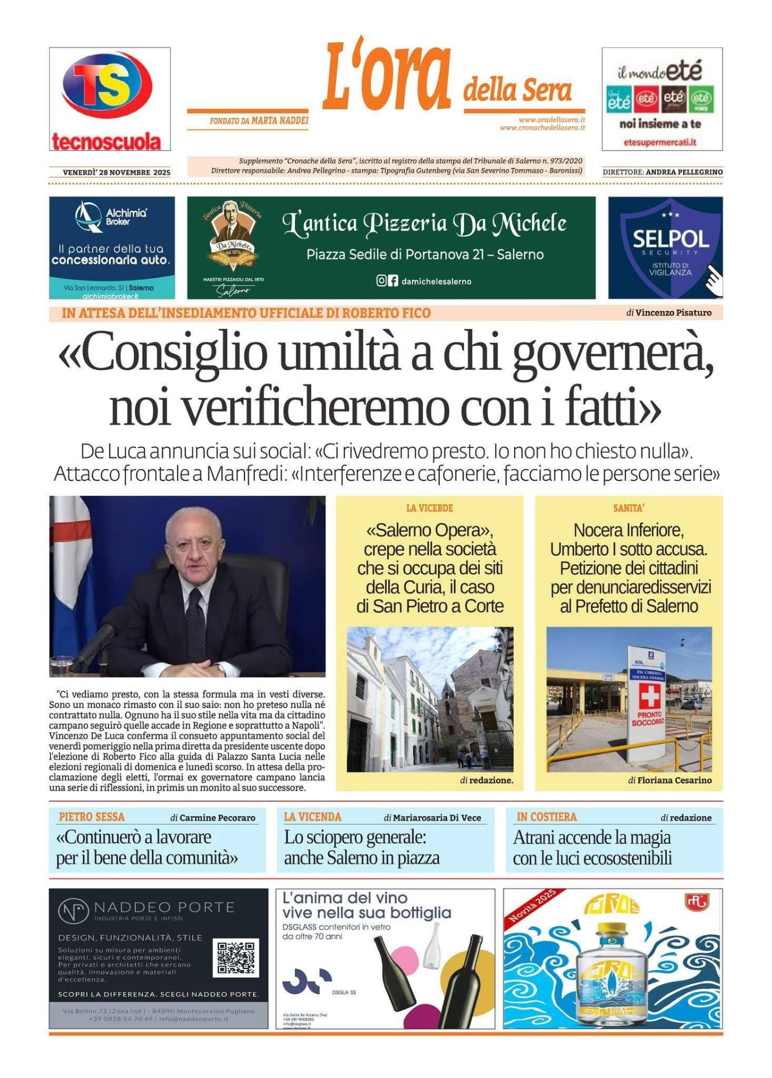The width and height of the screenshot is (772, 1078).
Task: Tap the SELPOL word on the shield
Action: [x=670, y=239]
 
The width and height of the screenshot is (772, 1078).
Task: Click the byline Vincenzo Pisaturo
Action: [x=673, y=313]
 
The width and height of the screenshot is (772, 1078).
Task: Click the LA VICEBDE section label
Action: [x=429, y=508]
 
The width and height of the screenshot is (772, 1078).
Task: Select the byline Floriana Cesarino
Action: [x=674, y=780]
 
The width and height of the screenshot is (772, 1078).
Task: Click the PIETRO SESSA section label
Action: [x=92, y=817]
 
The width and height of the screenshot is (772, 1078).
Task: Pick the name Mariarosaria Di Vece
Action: [x=437, y=817]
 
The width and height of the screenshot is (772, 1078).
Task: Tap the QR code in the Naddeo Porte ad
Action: [x=236, y=958]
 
